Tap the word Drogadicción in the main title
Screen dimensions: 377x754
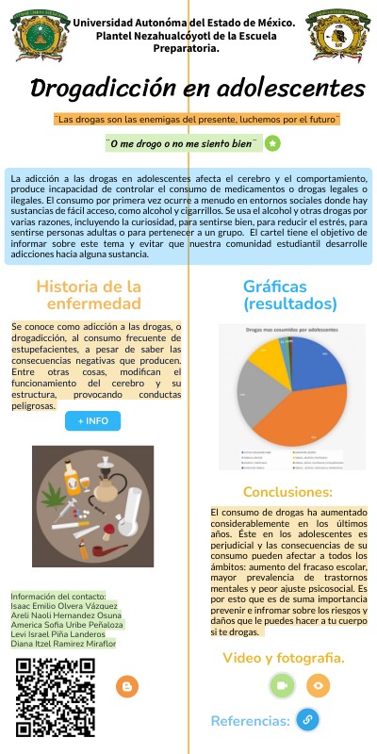(102, 90)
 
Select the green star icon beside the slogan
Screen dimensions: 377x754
(272, 143)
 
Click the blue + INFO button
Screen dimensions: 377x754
(92, 420)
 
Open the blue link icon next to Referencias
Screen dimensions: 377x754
(306, 720)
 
